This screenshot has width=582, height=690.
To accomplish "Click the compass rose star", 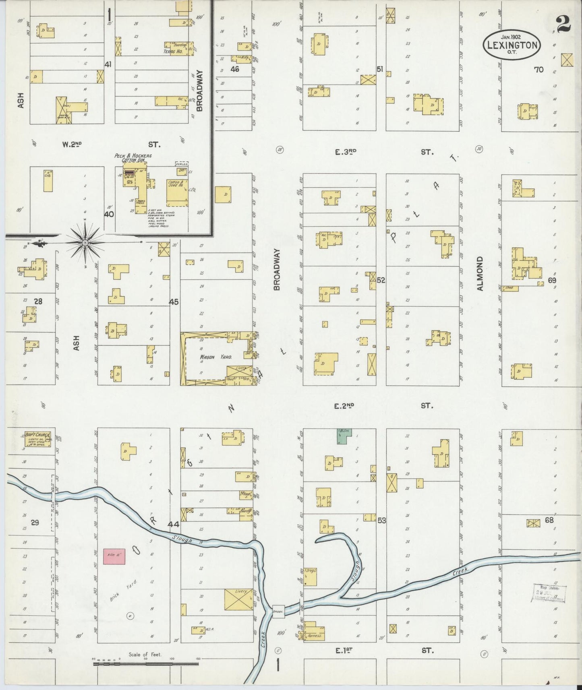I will click(x=85, y=243).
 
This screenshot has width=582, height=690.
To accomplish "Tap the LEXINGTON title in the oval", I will click(x=512, y=45).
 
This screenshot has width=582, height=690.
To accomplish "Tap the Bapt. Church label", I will click(x=37, y=435).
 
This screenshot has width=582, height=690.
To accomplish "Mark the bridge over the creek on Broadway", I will click(x=278, y=611).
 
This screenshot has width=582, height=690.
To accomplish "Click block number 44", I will click(x=174, y=524).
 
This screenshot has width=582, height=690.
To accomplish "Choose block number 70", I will click(x=539, y=70).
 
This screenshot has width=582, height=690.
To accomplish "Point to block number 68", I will click(x=549, y=520).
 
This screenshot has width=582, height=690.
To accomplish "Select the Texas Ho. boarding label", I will click(x=173, y=52).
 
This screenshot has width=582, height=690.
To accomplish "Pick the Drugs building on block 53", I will click(x=310, y=577).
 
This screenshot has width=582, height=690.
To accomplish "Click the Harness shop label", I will click(x=314, y=636).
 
